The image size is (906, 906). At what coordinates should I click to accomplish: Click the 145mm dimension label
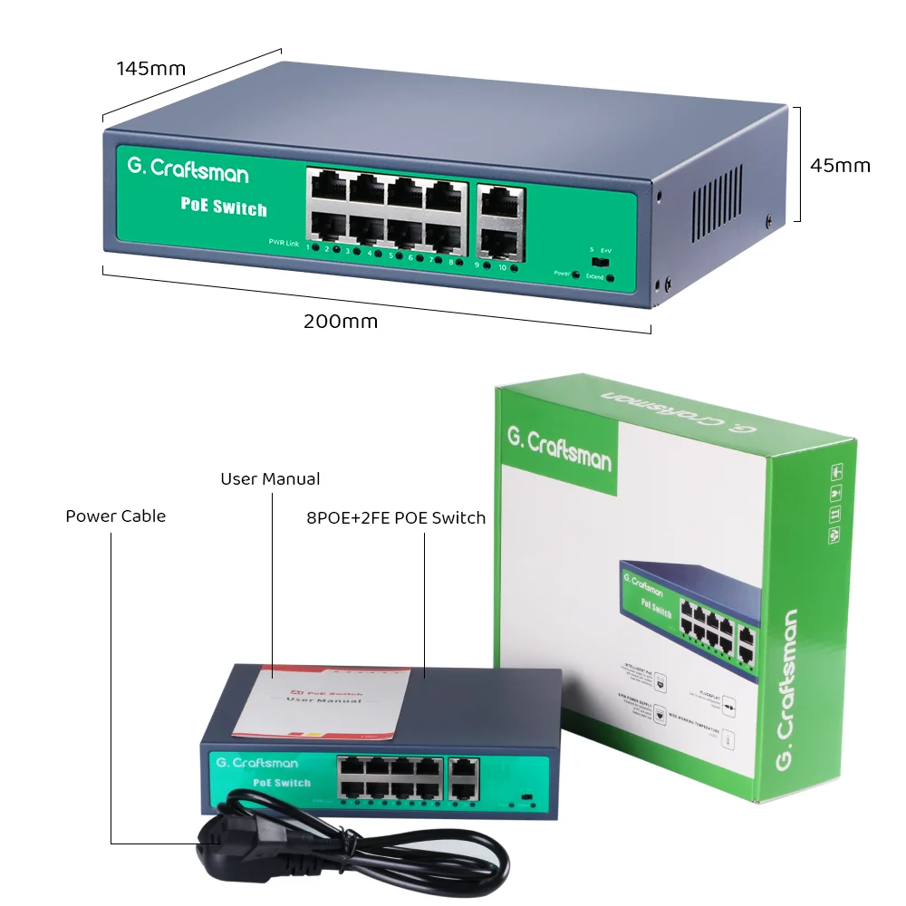coord(151,68)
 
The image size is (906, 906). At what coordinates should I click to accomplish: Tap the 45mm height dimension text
coord(840,165)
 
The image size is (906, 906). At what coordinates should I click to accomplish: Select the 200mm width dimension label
coord(341,321)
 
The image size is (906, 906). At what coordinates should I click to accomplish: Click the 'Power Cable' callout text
coord(115,516)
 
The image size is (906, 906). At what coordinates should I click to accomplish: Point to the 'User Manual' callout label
coord(270,478)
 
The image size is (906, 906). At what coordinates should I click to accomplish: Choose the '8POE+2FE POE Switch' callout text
coord(396,518)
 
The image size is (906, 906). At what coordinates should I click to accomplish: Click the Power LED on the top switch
coord(576,273)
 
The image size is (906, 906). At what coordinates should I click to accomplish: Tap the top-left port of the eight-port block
coord(327,188)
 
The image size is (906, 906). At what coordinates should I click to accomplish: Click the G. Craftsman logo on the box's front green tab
coord(559,443)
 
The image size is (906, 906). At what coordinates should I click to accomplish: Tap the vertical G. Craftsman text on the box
coord(787,691)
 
